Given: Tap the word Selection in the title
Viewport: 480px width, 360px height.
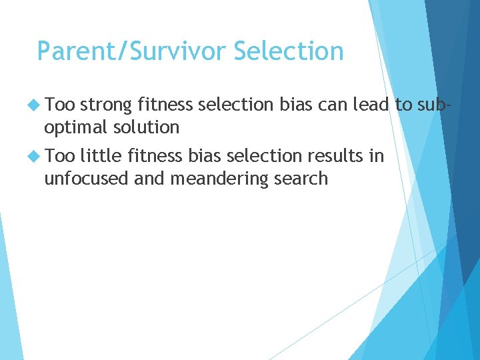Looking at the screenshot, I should click(x=289, y=51).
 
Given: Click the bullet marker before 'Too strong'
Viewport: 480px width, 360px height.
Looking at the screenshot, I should click(x=33, y=105).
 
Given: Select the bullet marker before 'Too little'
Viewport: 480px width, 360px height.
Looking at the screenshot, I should click(x=33, y=156).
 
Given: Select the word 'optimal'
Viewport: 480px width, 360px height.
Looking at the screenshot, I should click(x=75, y=127).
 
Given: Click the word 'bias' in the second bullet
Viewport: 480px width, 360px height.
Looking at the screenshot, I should click(x=204, y=156).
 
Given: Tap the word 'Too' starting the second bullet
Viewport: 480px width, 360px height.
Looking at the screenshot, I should click(x=61, y=156).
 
